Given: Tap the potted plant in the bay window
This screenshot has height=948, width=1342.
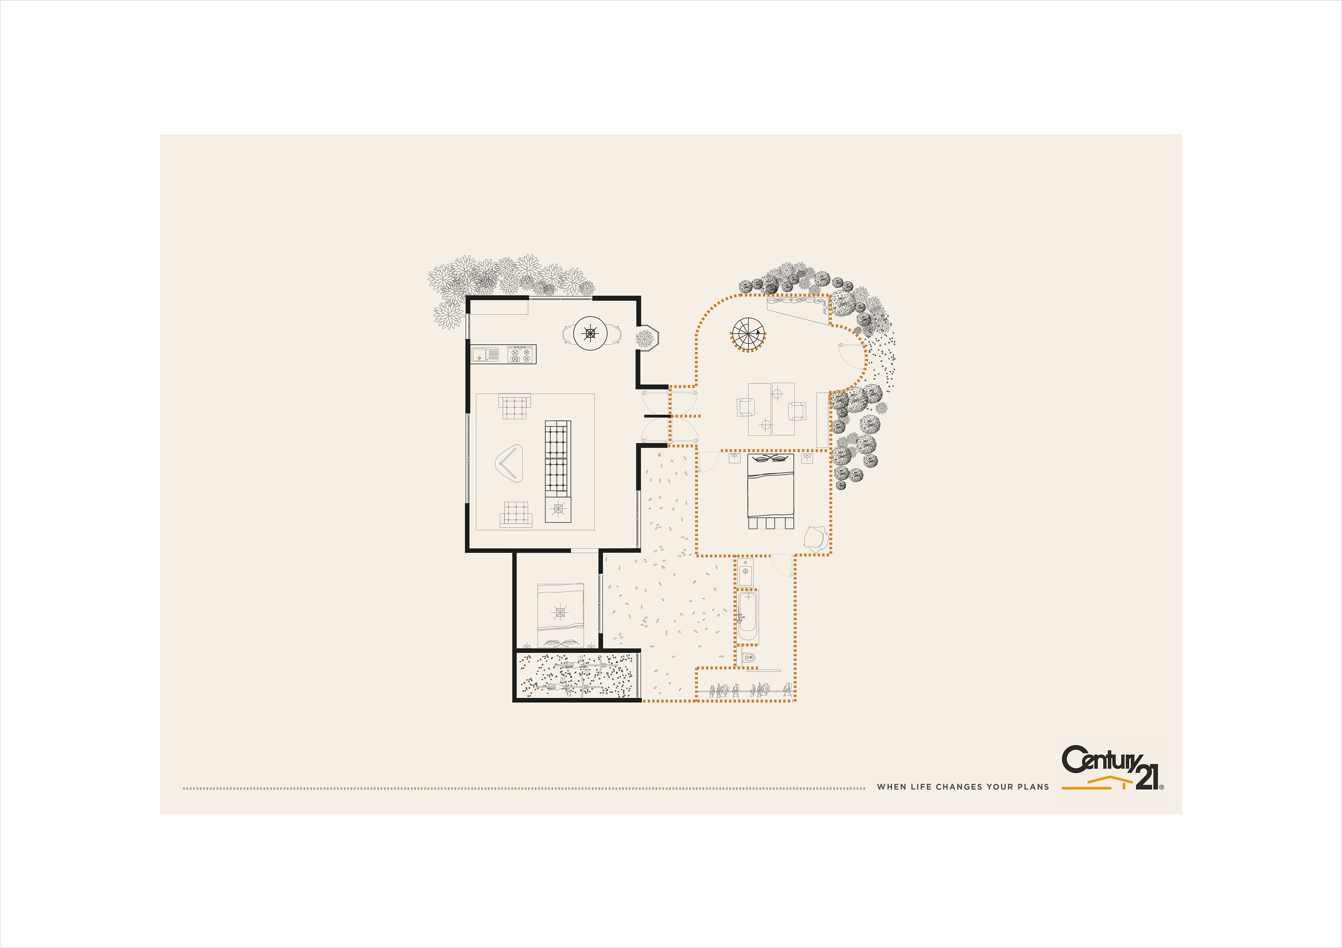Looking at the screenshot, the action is tap(645, 338).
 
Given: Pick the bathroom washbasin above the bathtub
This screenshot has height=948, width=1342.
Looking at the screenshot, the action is tap(745, 572).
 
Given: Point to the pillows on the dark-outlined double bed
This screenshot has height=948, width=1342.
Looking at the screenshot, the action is tap(771, 458).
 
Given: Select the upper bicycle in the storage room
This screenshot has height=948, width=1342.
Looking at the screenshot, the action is tap(584, 665).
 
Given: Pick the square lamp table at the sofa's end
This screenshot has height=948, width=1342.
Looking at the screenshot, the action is tap(558, 509).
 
